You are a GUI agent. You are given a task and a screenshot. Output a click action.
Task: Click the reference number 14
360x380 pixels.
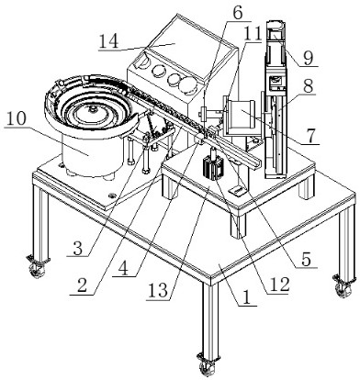(108, 41)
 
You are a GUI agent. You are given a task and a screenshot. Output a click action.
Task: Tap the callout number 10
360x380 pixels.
(16, 120)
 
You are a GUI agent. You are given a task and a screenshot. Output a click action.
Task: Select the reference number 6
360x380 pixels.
(237, 13)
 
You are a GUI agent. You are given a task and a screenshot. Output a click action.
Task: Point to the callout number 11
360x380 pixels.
(253, 34)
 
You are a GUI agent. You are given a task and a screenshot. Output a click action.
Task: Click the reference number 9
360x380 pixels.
(308, 59)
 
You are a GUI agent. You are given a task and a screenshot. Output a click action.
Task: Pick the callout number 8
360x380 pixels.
(308, 86)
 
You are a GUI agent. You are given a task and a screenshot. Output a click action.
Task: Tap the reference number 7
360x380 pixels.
(310, 137)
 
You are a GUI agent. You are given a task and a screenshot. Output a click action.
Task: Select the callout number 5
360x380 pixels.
(306, 260)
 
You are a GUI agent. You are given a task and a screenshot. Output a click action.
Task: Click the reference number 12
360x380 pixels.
(278, 285)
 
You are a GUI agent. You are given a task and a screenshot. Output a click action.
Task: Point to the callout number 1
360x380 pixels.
(246, 297)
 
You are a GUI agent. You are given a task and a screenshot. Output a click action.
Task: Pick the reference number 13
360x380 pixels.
(158, 291)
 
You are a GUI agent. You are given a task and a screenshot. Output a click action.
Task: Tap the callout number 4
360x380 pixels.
(123, 269)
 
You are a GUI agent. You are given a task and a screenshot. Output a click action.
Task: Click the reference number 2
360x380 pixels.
(82, 286)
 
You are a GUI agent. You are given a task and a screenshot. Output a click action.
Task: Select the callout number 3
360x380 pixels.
(78, 249)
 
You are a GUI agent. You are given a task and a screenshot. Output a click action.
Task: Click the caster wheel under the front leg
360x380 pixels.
(207, 368)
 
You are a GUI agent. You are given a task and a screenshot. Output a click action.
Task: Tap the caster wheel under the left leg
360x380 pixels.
(37, 270)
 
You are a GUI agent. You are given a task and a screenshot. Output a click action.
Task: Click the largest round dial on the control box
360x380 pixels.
(187, 84)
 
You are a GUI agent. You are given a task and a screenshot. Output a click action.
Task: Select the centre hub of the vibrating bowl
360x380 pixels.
(92, 109)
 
